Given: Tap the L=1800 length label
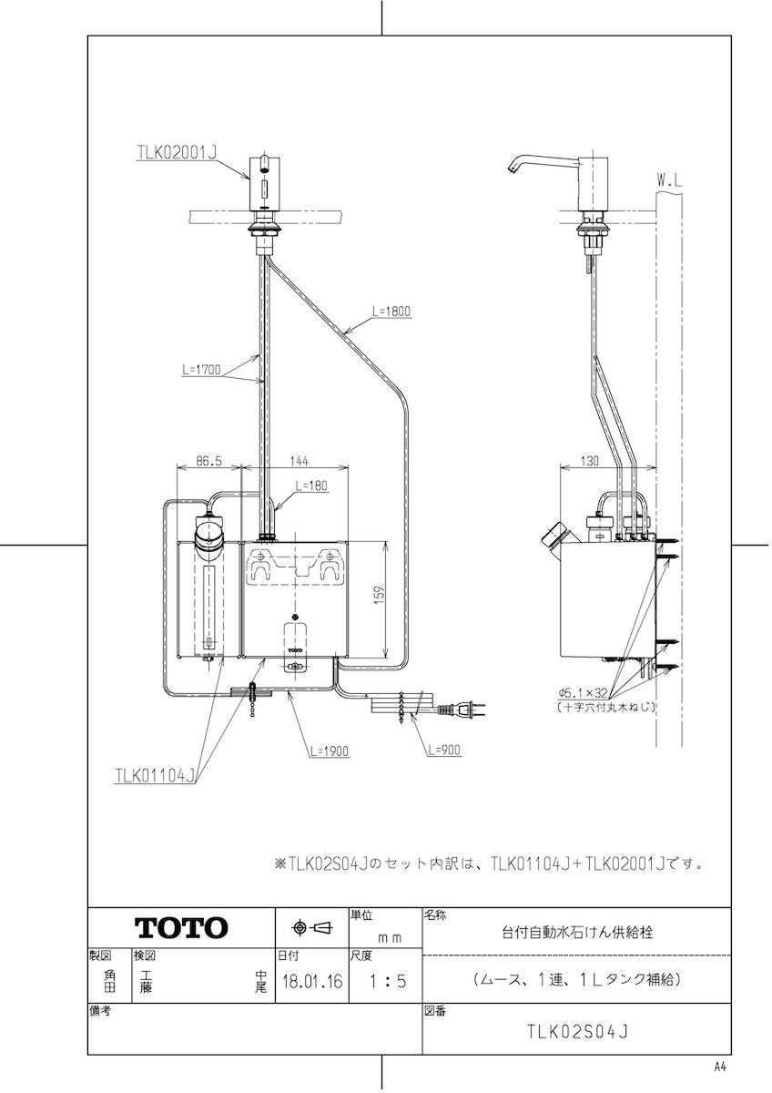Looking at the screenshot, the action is pyautogui.click(x=391, y=312).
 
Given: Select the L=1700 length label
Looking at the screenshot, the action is pyautogui.click(x=201, y=370).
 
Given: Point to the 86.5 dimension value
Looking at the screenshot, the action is pyautogui.click(x=208, y=461).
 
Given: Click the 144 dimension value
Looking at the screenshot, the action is pyautogui.click(x=297, y=461).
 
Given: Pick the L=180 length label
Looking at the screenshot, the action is pyautogui.click(x=311, y=485).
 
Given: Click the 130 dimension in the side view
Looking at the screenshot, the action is pyautogui.click(x=589, y=461).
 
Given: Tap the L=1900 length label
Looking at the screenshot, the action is pyautogui.click(x=330, y=751).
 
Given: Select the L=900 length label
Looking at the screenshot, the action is pyautogui.click(x=444, y=750).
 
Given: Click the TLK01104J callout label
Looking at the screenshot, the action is pyautogui.click(x=155, y=776).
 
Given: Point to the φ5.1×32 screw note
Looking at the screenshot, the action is pyautogui.click(x=584, y=693).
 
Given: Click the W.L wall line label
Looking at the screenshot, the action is pyautogui.click(x=669, y=182).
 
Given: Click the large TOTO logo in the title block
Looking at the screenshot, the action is pyautogui.click(x=181, y=928).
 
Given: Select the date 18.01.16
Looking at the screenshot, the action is pyautogui.click(x=312, y=981).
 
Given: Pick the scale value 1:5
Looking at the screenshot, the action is pyautogui.click(x=388, y=981).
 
